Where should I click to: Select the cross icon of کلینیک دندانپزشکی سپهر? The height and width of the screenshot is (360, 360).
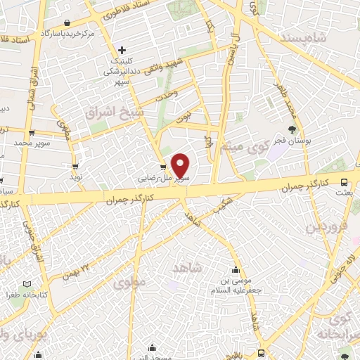[122, 50]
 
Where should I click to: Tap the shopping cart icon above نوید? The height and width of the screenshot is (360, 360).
[75, 167]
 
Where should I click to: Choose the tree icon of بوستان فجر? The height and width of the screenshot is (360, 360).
[292, 129]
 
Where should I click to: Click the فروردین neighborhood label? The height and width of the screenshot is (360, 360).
[326, 228]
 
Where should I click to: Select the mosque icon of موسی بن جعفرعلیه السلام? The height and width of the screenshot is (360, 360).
[235, 270]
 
